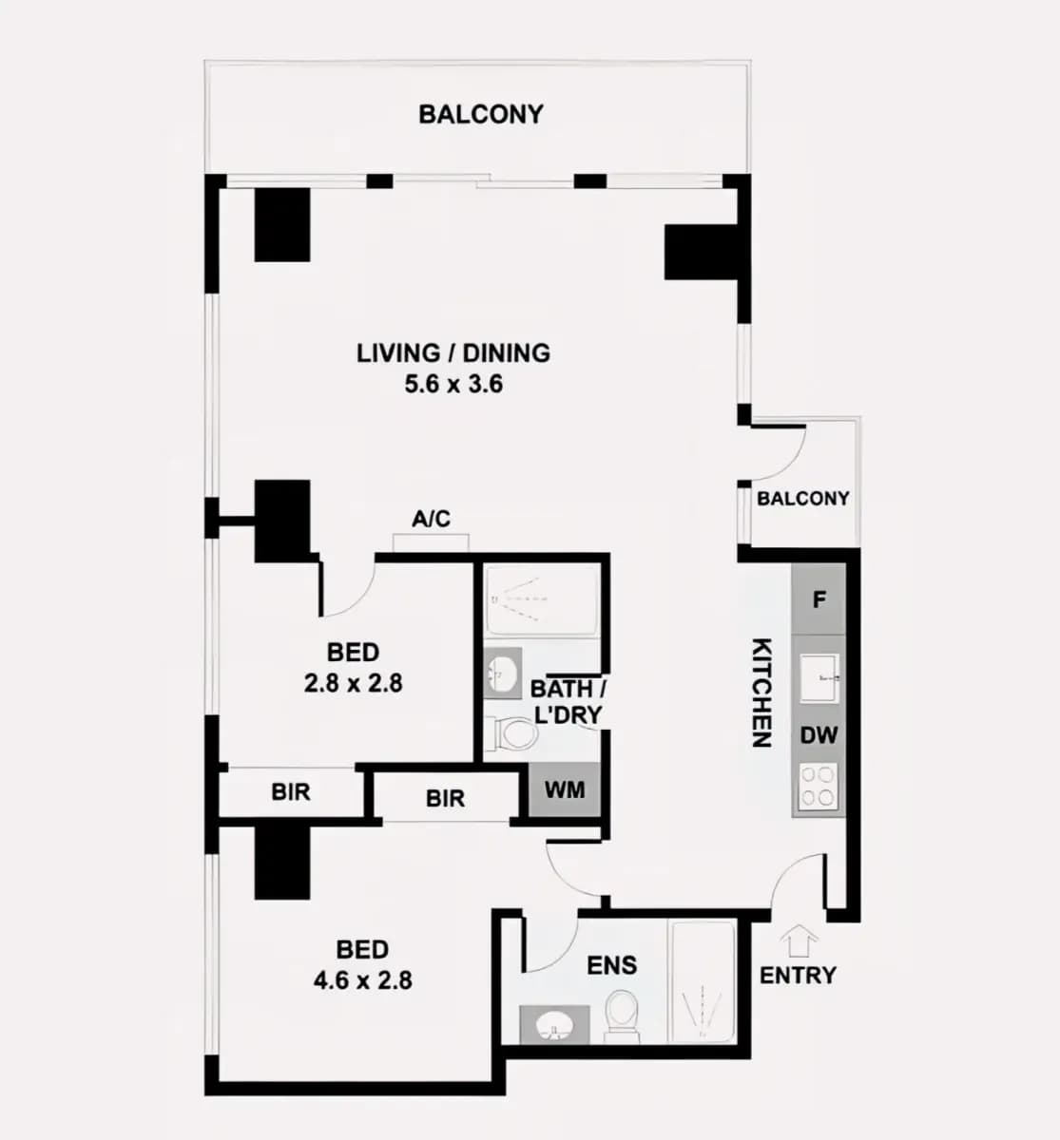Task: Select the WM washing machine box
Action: click(565, 789)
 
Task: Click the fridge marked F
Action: click(819, 599)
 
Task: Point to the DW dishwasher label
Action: click(819, 735)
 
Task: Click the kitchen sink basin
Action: click(819, 678)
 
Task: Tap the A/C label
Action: click(431, 519)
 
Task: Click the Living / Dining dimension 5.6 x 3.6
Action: click(453, 384)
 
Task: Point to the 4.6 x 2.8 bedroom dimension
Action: click(363, 980)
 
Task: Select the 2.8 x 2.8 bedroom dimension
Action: click(354, 683)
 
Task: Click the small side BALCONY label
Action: click(803, 498)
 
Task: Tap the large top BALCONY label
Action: click(481, 114)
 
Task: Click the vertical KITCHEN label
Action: click(761, 693)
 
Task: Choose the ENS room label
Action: click(612, 965)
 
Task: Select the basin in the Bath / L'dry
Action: click(503, 674)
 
